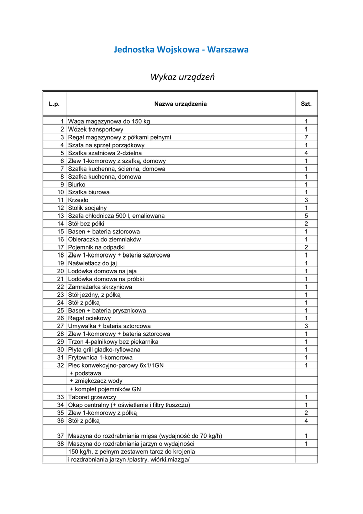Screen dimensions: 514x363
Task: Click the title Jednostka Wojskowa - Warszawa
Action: (181, 50)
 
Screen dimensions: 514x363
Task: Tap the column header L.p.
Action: (54, 104)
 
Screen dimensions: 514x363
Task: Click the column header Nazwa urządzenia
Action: (180, 104)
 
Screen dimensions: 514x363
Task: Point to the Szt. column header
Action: (306, 104)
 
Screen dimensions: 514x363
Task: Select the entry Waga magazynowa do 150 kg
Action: (109, 121)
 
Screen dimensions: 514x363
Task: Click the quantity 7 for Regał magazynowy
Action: (306, 137)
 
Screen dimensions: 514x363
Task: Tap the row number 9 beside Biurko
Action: (62, 184)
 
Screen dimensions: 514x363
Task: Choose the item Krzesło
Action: (78, 200)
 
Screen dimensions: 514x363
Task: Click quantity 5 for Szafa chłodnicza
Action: (306, 216)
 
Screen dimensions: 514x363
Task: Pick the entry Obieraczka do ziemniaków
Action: (104, 239)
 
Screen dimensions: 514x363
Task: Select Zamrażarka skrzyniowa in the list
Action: (100, 287)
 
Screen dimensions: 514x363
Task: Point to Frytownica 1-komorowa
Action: (100, 357)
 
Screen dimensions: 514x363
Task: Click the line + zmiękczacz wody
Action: (96, 381)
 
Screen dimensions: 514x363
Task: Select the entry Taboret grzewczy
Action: (92, 397)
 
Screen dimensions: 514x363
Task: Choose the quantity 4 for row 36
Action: (306, 420)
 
